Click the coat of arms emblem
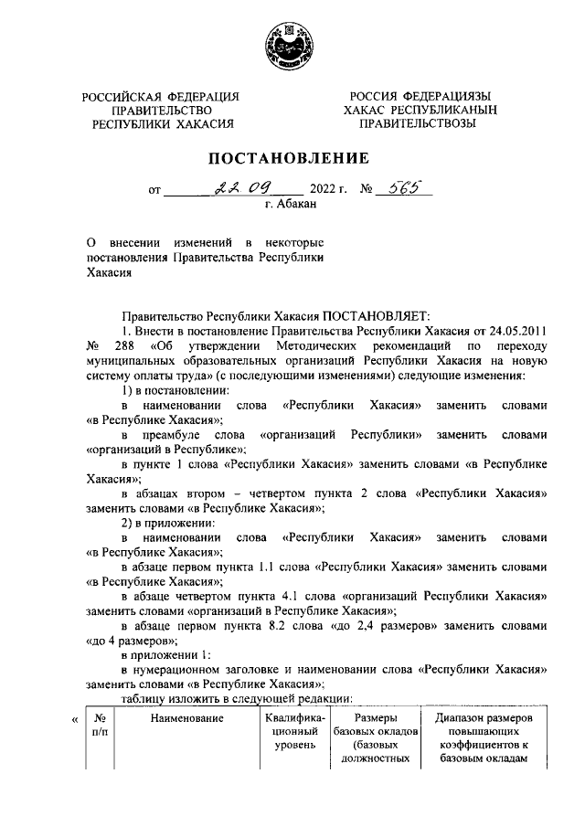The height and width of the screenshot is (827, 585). [x=292, y=43]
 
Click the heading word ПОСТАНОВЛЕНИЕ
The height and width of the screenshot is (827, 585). [x=292, y=159]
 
